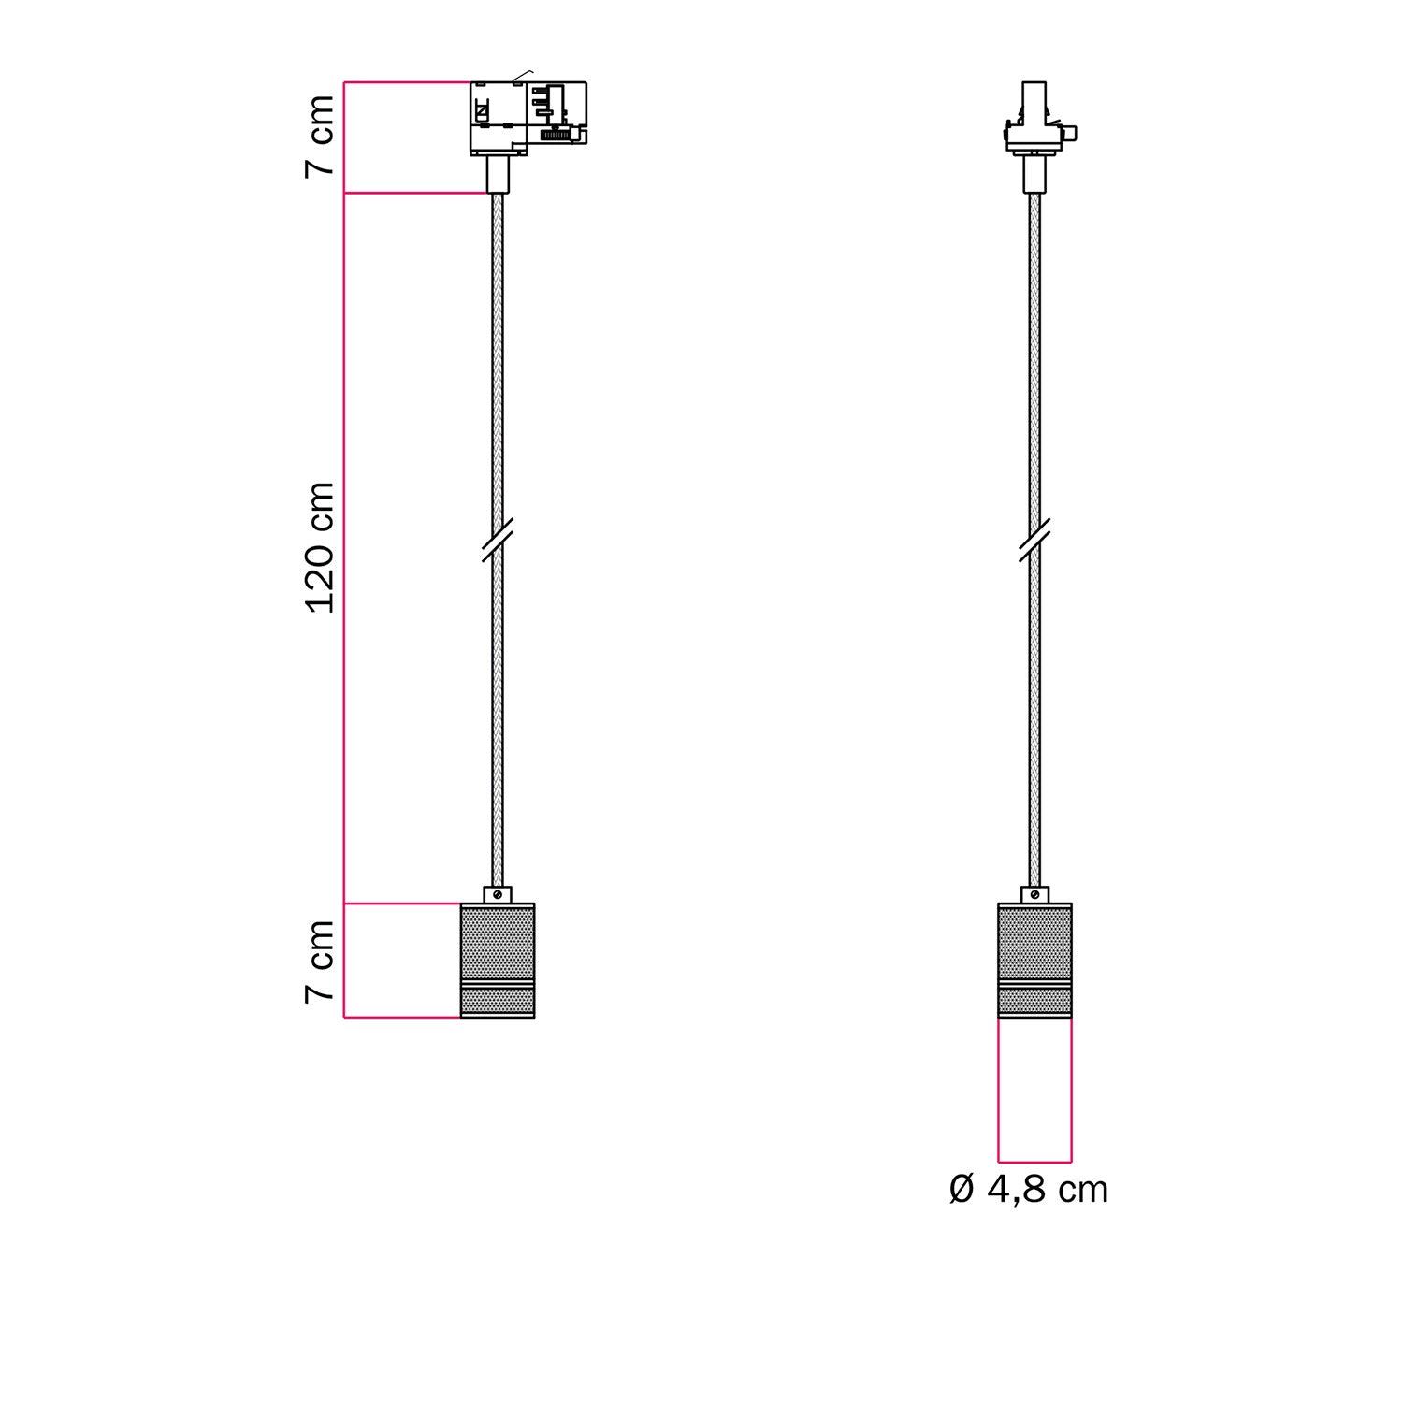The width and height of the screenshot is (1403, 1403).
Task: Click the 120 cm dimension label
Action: (321, 548)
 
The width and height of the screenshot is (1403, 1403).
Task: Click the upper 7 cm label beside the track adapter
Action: (321, 136)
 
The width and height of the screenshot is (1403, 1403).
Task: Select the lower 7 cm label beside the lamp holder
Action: (321, 962)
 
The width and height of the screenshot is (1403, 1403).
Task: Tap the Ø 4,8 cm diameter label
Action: (1028, 1190)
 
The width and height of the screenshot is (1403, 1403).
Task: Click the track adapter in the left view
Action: (528, 118)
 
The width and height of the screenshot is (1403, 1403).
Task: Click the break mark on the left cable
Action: (497, 542)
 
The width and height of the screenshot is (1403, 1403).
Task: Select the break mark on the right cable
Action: (1034, 541)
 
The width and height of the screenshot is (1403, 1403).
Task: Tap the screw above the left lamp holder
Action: (498, 894)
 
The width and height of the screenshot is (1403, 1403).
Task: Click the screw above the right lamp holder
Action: (1034, 894)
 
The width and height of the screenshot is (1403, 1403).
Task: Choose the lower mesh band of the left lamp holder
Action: (498, 1002)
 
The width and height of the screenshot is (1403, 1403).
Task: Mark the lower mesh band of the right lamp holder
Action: (1034, 1002)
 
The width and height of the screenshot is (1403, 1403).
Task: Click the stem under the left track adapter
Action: (498, 174)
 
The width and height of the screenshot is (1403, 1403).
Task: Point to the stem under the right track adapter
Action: (1034, 174)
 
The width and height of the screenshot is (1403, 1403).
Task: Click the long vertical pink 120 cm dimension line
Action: (344, 548)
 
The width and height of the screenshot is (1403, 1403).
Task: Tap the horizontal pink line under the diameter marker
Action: (1034, 1161)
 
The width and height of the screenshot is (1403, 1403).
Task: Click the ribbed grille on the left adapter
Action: (556, 136)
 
